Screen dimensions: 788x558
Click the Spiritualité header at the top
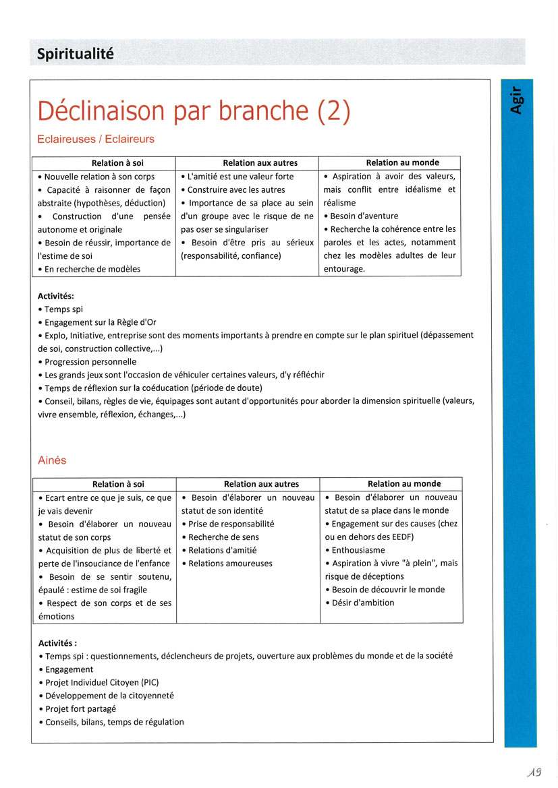click(x=76, y=53)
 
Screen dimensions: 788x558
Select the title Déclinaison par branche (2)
click(x=194, y=111)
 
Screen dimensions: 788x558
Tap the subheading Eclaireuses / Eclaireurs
click(x=96, y=140)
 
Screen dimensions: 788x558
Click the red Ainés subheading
click(x=52, y=460)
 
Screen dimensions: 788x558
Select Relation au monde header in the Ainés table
click(x=403, y=484)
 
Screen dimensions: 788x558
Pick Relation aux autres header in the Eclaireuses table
click(x=260, y=163)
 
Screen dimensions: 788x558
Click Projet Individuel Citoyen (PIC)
click(x=102, y=682)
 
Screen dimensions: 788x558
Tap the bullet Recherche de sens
click(x=223, y=537)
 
